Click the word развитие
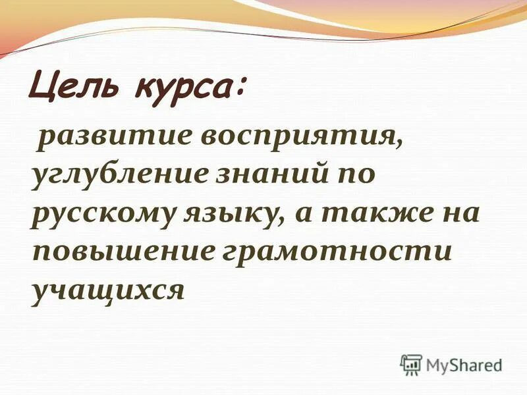pos(109,138)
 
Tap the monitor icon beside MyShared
pos(411,364)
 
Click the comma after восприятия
pos(399,146)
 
